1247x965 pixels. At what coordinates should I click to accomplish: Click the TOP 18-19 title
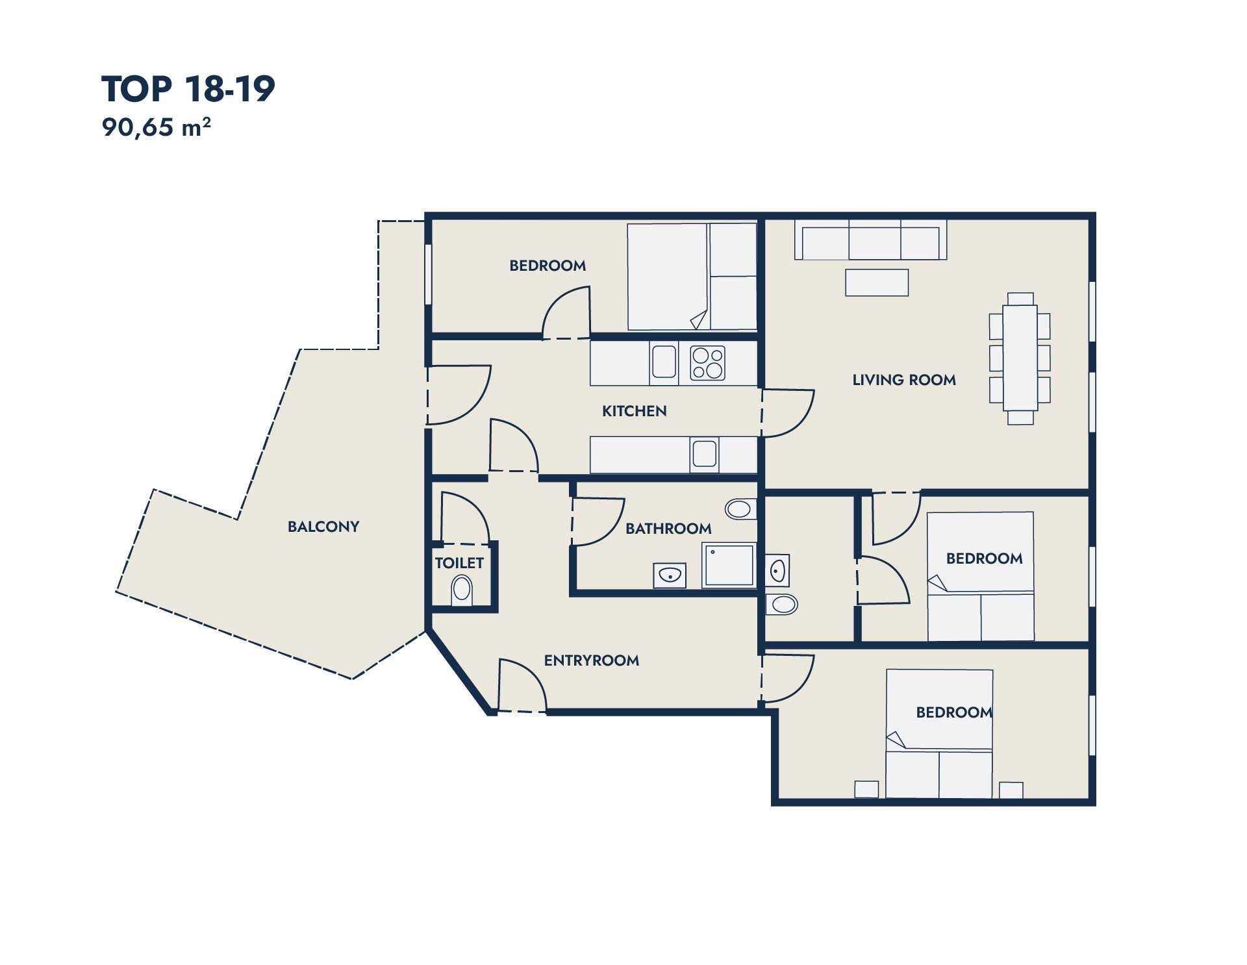tap(188, 89)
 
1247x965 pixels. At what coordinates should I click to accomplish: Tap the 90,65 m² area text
tap(156, 127)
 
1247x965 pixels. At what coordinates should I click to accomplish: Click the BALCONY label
tap(323, 527)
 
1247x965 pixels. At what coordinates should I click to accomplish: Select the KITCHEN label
tap(635, 411)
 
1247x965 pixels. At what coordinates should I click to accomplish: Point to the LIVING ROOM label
tap(904, 380)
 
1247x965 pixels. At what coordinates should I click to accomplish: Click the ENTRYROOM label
tap(592, 660)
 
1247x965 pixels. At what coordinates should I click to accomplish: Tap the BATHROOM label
tap(668, 529)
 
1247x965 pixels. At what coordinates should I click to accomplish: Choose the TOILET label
tap(459, 563)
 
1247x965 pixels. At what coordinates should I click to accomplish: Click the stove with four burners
tap(707, 364)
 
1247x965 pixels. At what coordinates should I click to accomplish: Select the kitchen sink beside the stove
tap(664, 362)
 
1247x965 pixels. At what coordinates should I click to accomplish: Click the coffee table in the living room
tap(877, 282)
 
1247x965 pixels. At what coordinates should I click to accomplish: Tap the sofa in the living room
tap(870, 240)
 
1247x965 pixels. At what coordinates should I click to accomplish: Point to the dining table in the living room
tap(1020, 357)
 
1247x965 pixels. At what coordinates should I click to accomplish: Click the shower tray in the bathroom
tap(729, 566)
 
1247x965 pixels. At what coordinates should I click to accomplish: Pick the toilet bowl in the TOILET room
tap(462, 590)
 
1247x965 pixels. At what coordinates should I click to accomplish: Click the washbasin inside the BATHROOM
tap(670, 575)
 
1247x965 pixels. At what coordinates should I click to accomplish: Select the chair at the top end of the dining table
tap(1020, 299)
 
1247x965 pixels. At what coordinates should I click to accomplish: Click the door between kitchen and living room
tap(787, 413)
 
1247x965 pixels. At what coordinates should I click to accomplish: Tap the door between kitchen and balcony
tap(459, 395)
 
